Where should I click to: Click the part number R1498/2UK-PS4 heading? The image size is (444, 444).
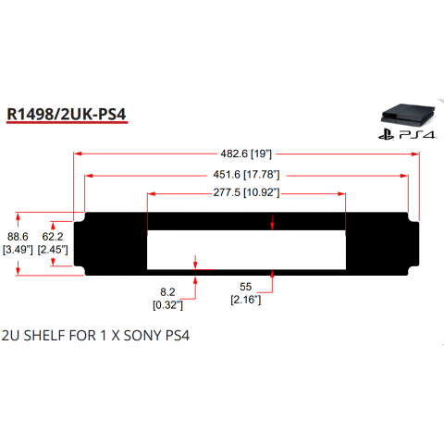[67, 114]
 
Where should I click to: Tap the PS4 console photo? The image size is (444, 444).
[408, 116]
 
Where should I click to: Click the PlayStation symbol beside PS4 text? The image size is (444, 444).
[387, 135]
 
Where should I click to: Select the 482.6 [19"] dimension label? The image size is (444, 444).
[246, 154]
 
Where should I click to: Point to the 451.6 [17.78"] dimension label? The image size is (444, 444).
[246, 175]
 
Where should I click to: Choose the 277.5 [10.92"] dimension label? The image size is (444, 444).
[246, 192]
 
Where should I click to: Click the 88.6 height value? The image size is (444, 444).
[18, 237]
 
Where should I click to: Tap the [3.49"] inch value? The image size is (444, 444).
[18, 250]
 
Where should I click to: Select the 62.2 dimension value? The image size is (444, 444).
[53, 237]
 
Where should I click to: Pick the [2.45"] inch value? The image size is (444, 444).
[53, 250]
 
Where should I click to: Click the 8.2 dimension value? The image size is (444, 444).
[167, 291]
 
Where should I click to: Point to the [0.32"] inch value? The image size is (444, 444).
[167, 305]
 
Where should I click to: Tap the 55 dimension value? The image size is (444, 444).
[246, 287]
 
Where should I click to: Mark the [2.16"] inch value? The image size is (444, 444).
[246, 300]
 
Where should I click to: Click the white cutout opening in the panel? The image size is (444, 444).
[246, 250]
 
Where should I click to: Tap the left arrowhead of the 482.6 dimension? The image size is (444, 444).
[78, 154]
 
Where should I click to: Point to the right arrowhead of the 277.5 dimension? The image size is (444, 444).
[341, 194]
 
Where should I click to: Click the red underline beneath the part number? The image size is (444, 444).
[67, 123]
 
